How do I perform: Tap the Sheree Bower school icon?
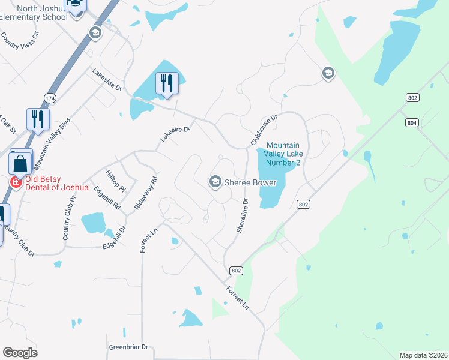click(x=214, y=181)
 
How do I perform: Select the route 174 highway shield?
click(x=50, y=97)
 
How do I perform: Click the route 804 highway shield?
click(x=411, y=123)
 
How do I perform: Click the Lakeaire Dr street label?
click(x=175, y=134)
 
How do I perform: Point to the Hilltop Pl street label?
click(x=115, y=181)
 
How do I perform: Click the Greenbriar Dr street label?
click(x=128, y=347)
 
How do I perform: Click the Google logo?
click(x=20, y=353)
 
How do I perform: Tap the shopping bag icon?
click(x=20, y=163)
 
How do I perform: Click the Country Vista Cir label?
click(x=19, y=41)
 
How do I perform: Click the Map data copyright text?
click(x=424, y=355)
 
